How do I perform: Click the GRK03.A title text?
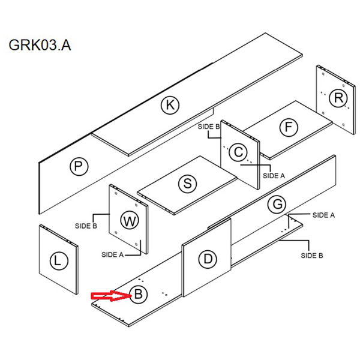(x=40, y=46)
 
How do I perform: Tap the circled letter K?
(x=170, y=106)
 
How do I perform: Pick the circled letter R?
(x=339, y=97)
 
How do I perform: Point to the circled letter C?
(x=239, y=152)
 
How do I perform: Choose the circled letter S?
(x=188, y=184)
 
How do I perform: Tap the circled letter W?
(x=130, y=220)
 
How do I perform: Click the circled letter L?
(x=58, y=261)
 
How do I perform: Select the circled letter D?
(x=208, y=259)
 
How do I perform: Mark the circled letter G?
(x=277, y=204)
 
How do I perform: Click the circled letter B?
(x=138, y=295)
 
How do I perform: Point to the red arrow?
(x=109, y=295)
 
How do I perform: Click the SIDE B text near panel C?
(x=209, y=127)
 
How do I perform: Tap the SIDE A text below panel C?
(x=274, y=176)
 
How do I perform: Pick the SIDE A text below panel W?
(x=112, y=254)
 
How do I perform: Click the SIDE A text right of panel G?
(x=325, y=215)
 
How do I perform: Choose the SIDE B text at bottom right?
(x=312, y=255)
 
